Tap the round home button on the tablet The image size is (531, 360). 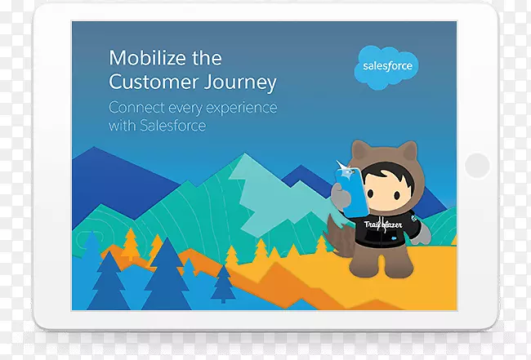coord(477,165)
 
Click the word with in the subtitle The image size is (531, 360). coord(121,127)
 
